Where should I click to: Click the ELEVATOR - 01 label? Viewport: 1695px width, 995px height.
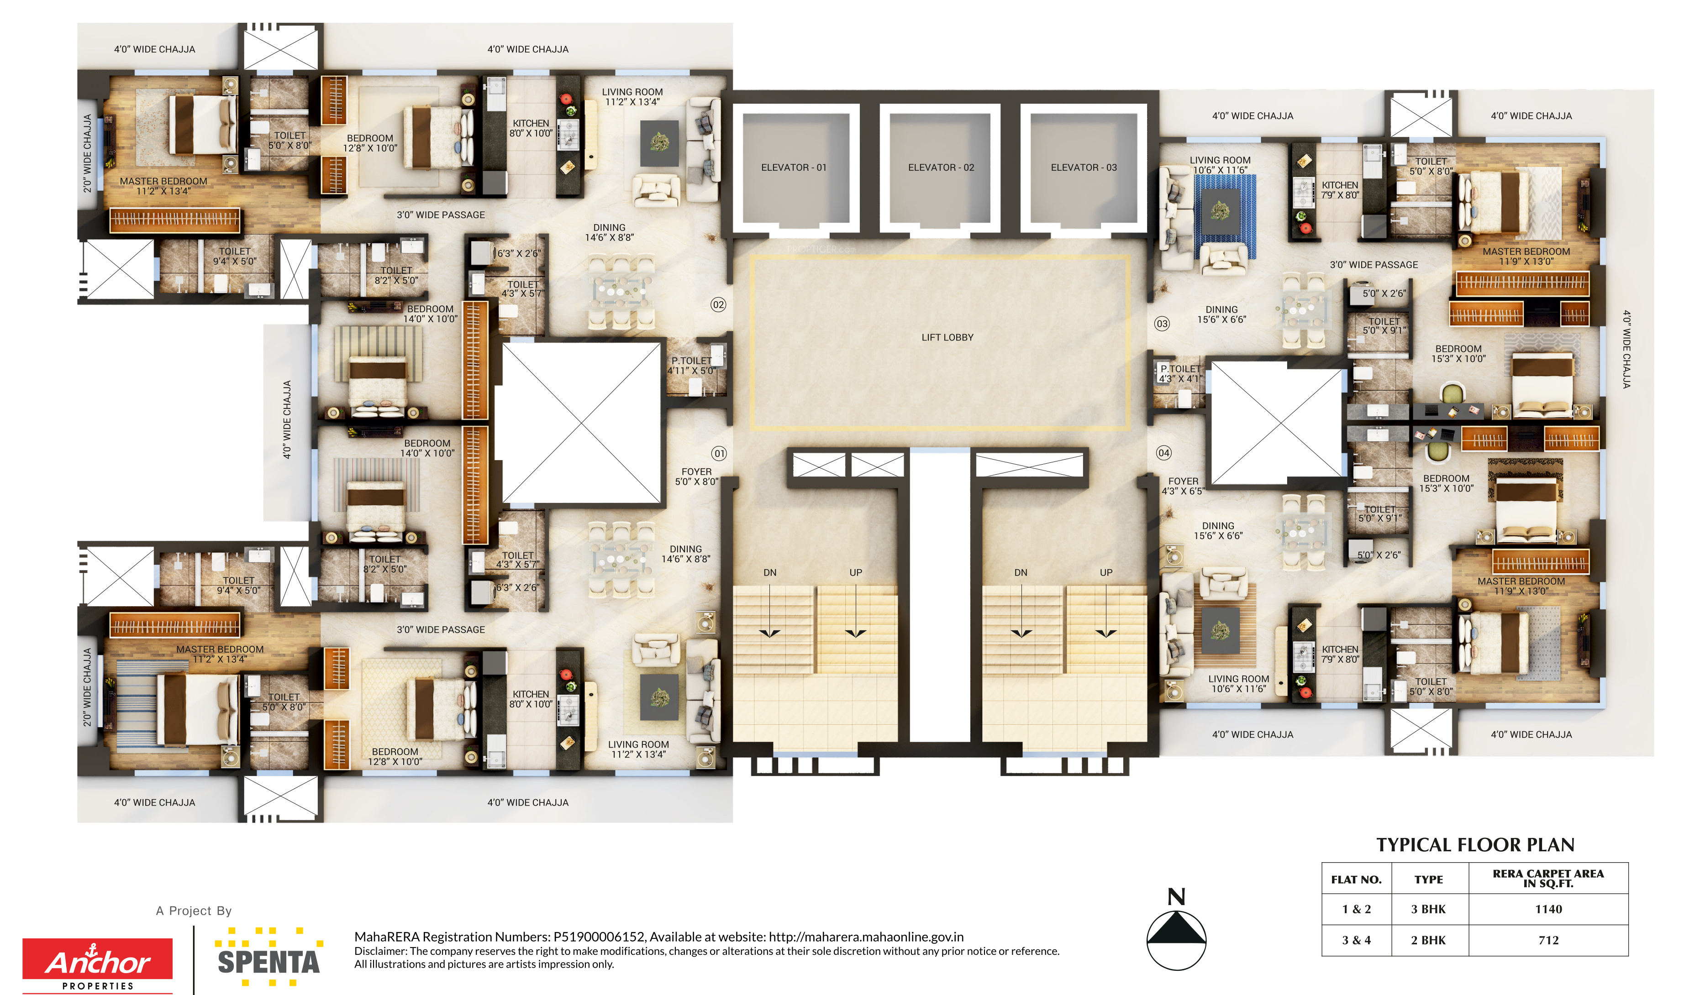[x=794, y=168]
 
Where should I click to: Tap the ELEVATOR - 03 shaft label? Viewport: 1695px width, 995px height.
[x=1084, y=168]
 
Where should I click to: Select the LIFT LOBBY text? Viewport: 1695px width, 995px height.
[x=947, y=337]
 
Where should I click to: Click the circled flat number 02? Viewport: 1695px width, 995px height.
[x=718, y=304]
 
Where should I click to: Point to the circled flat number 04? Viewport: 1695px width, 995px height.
[x=1163, y=453]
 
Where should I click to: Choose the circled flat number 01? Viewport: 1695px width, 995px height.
[x=719, y=453]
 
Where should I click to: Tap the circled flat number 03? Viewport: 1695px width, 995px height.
[x=1162, y=323]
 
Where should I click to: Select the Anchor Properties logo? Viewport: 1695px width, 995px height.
[x=98, y=965]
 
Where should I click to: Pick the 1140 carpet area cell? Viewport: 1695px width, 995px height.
[x=1548, y=909]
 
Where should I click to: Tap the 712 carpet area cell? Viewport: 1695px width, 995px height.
[x=1548, y=940]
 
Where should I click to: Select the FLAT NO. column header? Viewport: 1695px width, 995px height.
[x=1356, y=880]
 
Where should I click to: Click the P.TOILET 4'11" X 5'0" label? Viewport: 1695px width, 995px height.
[x=691, y=366]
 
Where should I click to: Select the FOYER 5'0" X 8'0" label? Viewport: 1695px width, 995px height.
[x=697, y=477]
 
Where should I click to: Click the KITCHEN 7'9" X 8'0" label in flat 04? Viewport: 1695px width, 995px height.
[x=1340, y=654]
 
